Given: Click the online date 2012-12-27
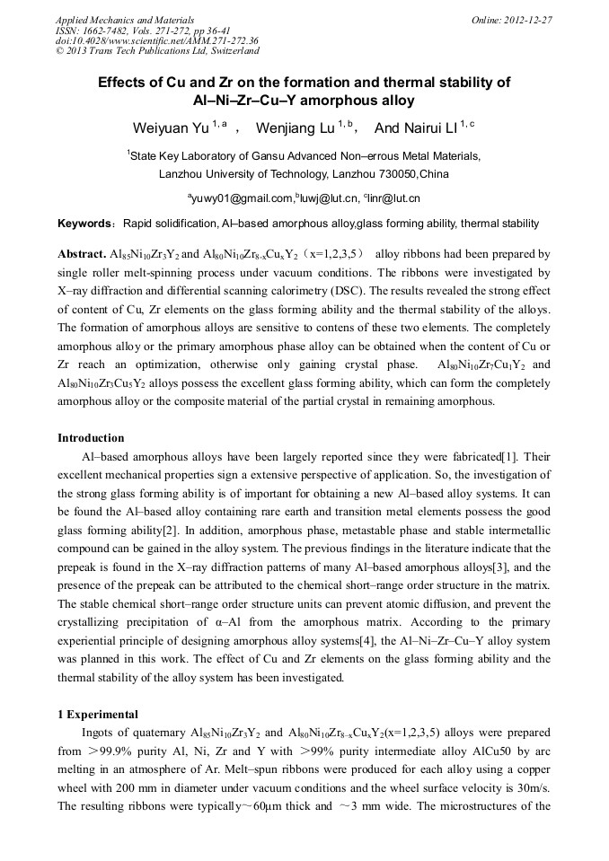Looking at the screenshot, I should [x=529, y=20].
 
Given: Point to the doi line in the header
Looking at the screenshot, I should [x=156, y=40].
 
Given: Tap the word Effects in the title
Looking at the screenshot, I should [x=124, y=83].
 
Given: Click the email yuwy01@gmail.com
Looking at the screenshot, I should [x=241, y=198].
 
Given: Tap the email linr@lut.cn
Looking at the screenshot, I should [x=393, y=198].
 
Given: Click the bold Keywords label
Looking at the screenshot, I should [x=85, y=224].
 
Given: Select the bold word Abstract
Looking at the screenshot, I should [x=82, y=255].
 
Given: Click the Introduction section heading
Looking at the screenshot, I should [x=91, y=438].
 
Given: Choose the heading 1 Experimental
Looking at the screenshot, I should [x=98, y=715].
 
